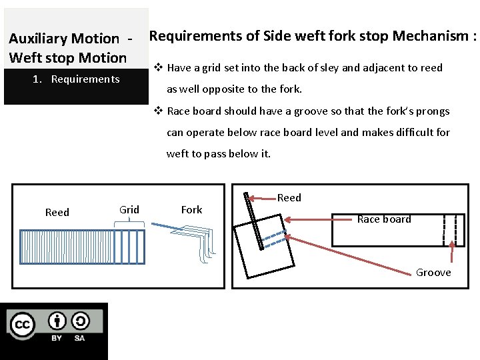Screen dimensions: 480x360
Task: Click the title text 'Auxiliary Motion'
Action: click(x=63, y=39)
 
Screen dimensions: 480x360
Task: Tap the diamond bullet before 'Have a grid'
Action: click(x=158, y=67)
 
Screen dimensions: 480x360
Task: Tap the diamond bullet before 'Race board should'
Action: click(x=158, y=111)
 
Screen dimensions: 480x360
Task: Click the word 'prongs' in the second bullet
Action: click(x=433, y=111)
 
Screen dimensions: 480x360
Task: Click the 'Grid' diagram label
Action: click(x=129, y=209)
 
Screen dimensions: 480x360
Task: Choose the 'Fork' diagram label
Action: click(x=191, y=209)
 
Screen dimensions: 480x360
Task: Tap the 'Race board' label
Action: click(x=384, y=219)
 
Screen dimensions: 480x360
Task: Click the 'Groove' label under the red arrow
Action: click(x=433, y=272)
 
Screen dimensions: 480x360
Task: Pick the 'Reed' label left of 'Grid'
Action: click(x=57, y=212)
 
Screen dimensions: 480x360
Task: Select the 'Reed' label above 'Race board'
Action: click(x=289, y=197)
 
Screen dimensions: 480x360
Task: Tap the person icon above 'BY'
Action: click(x=57, y=321)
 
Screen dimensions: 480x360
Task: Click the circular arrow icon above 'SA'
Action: click(x=80, y=321)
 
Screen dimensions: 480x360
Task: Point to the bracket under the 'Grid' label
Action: click(x=129, y=226)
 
